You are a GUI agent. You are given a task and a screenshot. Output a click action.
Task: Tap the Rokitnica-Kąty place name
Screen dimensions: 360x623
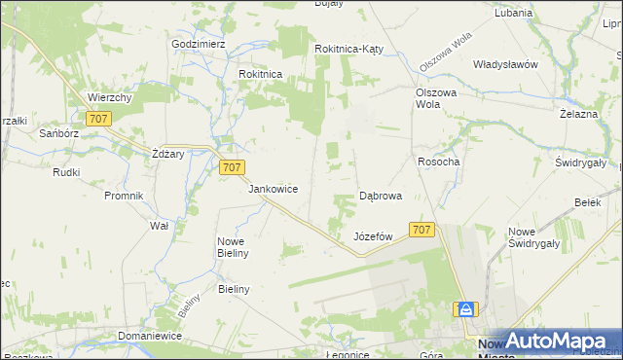(x=352, y=49)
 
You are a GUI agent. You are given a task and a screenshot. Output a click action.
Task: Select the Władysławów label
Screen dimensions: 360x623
(x=505, y=64)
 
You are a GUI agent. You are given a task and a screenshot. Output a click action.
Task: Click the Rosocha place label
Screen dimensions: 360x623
(x=438, y=162)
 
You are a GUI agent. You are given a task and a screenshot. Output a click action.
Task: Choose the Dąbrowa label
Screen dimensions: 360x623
(x=381, y=196)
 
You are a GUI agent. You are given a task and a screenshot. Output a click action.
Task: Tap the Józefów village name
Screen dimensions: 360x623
(x=373, y=236)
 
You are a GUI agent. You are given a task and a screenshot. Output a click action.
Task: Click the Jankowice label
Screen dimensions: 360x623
(x=273, y=189)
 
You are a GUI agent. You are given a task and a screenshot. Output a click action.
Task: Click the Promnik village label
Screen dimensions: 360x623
(x=124, y=196)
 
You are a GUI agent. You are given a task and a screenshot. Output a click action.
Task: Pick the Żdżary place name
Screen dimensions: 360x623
(x=168, y=154)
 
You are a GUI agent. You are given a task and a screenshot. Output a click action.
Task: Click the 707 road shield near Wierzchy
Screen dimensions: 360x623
(x=97, y=119)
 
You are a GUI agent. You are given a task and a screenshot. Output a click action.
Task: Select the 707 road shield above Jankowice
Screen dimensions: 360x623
(x=231, y=167)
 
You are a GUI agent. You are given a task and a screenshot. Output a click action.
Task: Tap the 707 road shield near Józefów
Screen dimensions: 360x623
(x=421, y=230)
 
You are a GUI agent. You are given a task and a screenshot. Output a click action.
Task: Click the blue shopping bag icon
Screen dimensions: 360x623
(x=467, y=308)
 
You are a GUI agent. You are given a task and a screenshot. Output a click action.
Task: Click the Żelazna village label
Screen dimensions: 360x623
(x=577, y=114)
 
